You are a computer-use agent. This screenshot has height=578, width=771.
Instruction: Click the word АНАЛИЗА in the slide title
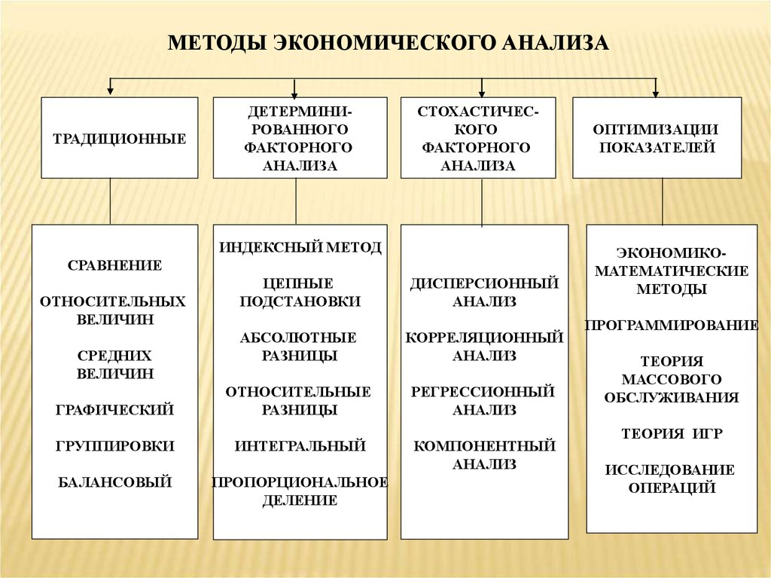tap(553, 41)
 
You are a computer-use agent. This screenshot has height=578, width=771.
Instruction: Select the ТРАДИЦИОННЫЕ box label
tap(119, 139)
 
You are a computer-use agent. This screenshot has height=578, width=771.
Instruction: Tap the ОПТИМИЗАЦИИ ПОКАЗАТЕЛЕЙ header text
tap(657, 139)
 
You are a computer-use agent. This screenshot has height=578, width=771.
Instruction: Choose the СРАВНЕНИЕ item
tap(114, 265)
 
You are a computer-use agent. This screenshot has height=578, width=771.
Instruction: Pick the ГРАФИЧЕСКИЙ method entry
tap(114, 410)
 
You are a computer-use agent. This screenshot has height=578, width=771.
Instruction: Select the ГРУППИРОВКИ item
tap(114, 446)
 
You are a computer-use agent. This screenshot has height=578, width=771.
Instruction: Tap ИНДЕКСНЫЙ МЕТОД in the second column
tap(300, 247)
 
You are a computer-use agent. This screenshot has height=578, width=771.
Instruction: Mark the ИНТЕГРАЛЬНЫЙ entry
tap(300, 446)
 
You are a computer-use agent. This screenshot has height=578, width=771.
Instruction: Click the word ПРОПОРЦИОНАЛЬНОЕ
tap(300, 482)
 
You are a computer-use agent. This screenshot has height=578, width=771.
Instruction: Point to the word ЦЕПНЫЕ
tap(300, 283)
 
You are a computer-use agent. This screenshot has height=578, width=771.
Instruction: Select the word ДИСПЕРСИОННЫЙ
tap(484, 283)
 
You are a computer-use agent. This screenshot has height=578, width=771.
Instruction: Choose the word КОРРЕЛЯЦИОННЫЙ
tap(484, 338)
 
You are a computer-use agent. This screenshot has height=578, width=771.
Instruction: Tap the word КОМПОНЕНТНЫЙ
tap(484, 446)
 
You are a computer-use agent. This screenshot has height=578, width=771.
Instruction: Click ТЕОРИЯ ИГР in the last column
tap(672, 434)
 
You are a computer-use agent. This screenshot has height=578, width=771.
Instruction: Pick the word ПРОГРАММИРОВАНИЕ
tap(672, 326)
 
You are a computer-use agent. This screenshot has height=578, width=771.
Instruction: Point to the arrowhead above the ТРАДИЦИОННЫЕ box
tap(111, 91)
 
